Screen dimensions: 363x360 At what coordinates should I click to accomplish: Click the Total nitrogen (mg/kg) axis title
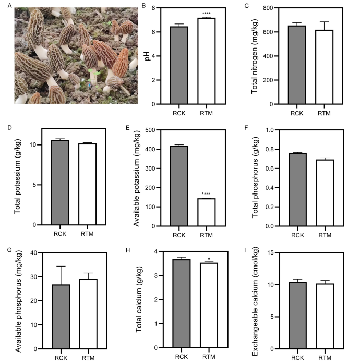click(255, 56)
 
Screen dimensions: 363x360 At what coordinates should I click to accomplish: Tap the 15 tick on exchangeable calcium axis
click(276, 253)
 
